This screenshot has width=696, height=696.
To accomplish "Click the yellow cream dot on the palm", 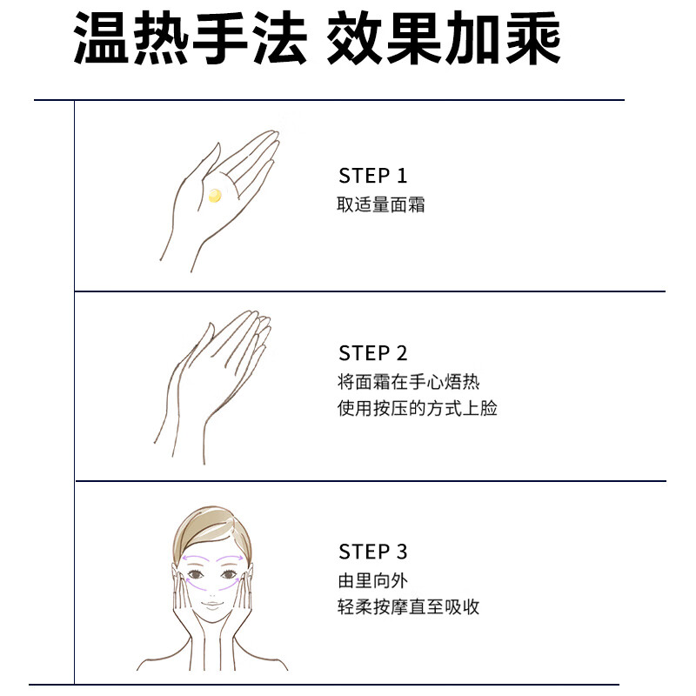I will (x=215, y=196).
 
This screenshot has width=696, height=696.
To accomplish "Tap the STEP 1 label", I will (x=372, y=176).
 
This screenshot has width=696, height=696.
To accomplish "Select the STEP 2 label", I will (x=372, y=353).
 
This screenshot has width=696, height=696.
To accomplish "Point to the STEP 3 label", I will (x=372, y=552).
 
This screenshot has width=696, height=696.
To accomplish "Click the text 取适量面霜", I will (x=381, y=206).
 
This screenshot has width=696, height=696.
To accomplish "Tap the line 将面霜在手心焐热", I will (x=409, y=382).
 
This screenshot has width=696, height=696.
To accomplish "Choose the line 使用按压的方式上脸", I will (x=418, y=408).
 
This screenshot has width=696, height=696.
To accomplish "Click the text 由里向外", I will (x=372, y=580).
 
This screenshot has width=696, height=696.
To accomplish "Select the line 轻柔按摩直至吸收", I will (x=409, y=607).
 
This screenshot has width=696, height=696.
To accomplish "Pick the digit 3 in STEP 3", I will (x=400, y=552).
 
